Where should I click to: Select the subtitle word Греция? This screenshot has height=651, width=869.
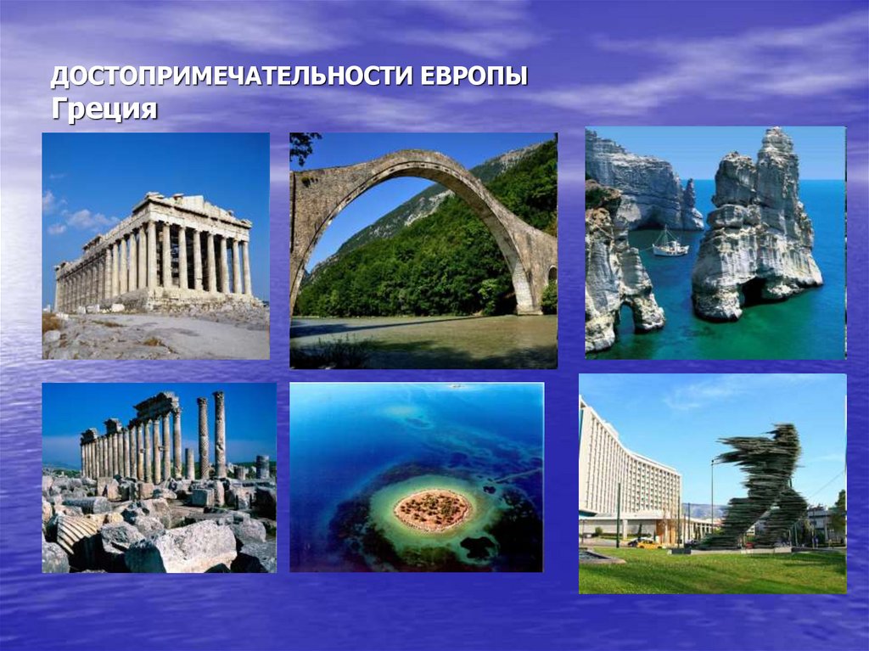(x=104, y=109)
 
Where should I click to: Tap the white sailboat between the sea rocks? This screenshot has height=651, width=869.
(x=670, y=245)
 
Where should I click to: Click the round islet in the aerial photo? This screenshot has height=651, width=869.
(x=433, y=510)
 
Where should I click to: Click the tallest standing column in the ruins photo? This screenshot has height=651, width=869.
(x=219, y=433)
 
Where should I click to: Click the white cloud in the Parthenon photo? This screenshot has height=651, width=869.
(x=85, y=219)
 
